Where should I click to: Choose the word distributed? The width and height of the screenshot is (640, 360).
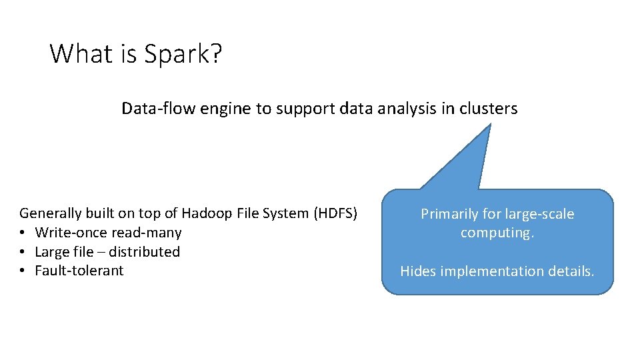tap(144, 252)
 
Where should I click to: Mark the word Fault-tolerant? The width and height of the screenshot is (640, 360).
tap(79, 271)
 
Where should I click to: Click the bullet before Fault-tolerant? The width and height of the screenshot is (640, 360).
tap(23, 271)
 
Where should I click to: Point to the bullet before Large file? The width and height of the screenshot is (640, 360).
tap(23, 252)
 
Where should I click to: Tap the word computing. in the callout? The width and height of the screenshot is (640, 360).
tap(497, 233)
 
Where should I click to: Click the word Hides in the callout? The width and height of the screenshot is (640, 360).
tap(417, 271)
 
